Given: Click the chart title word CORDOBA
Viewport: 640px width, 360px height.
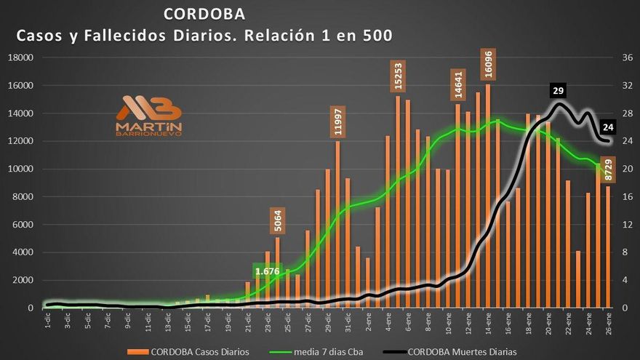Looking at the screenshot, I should (x=204, y=14).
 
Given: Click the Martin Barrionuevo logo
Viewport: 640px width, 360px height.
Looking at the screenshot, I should (x=149, y=116).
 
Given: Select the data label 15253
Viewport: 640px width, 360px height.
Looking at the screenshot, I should (x=398, y=75).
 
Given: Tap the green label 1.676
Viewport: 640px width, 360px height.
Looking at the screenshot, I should (x=270, y=271).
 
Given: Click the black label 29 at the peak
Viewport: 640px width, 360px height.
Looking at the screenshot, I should (x=559, y=91).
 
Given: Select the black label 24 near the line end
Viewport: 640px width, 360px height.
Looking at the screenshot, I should (x=609, y=127).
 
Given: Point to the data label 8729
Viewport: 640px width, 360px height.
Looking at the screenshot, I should (x=609, y=172).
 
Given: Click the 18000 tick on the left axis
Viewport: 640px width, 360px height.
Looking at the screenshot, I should (x=21, y=57).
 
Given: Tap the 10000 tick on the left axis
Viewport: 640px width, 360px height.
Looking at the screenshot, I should (x=21, y=169).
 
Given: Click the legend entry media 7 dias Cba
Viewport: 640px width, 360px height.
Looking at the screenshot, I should (x=327, y=352).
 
